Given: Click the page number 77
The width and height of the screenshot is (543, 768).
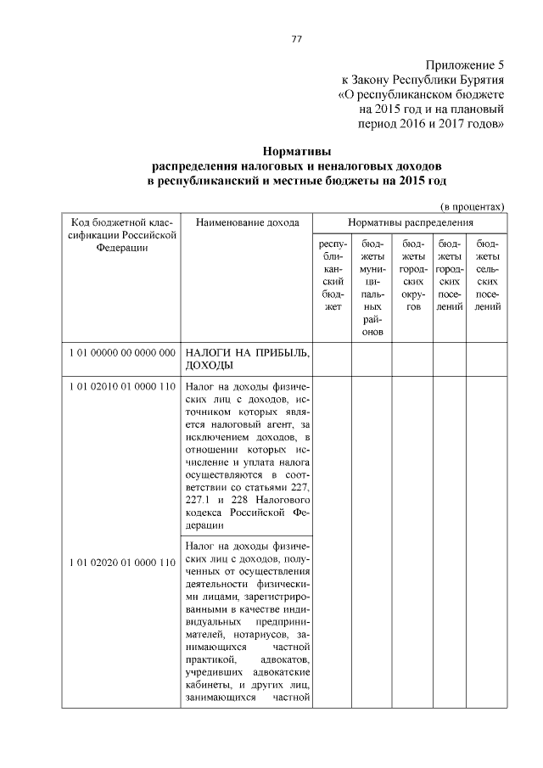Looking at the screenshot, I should (x=296, y=39).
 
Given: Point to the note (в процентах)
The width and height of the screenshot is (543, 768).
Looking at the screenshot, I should (x=472, y=206).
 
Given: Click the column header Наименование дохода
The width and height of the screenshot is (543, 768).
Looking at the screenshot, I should (x=247, y=222).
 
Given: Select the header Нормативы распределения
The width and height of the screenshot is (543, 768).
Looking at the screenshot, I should (x=410, y=222).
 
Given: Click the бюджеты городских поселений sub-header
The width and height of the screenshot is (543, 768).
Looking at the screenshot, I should (x=450, y=274).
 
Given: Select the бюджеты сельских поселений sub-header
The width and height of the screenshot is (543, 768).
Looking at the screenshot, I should (x=487, y=274).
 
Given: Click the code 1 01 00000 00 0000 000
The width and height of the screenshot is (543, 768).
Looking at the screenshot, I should (x=122, y=351).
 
